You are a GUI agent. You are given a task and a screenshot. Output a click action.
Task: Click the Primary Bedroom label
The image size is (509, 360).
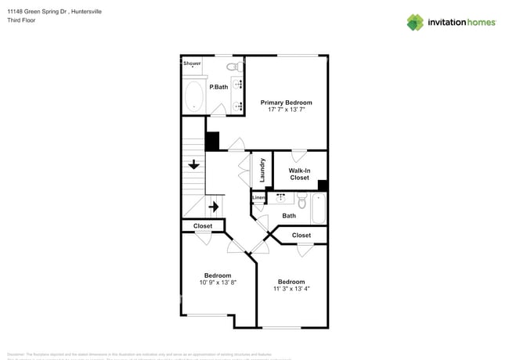click(x=286, y=103)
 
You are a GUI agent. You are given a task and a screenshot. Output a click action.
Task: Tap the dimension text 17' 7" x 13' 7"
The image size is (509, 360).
click(x=286, y=110)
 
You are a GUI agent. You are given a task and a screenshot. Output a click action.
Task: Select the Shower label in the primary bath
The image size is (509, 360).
click(x=192, y=63)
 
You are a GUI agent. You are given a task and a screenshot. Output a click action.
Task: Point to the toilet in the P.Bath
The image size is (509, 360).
click(x=232, y=67)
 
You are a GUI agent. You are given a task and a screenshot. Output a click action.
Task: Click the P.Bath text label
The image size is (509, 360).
click(x=218, y=87)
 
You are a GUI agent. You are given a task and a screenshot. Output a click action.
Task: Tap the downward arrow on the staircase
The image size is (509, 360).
click(x=193, y=164)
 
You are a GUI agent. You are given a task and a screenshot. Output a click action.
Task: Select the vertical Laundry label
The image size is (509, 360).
click(x=262, y=171)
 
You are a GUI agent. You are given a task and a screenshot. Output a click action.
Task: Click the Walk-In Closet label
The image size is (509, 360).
click(x=299, y=174)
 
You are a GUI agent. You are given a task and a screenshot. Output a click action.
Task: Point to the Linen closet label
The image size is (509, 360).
click(x=258, y=198)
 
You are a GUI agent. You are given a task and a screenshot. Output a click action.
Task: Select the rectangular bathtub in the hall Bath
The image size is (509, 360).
click(x=318, y=208)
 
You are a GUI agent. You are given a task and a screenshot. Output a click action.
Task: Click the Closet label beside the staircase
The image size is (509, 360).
click(x=203, y=226)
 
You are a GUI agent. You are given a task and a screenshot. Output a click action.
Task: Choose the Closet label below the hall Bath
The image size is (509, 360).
click(x=301, y=235)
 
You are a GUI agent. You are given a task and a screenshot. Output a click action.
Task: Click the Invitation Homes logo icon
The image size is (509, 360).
click(x=415, y=22)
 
